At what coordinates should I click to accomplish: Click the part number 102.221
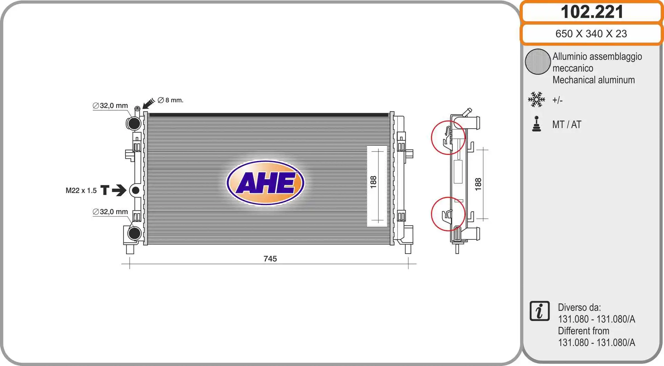(592, 12)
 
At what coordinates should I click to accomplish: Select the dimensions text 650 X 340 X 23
(591, 34)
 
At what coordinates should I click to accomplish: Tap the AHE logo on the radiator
(265, 183)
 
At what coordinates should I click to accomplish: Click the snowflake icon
(536, 100)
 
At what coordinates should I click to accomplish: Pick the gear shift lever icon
(536, 124)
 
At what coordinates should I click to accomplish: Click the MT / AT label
(566, 125)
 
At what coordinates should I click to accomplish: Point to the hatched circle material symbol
(537, 62)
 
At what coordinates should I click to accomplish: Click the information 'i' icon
(539, 311)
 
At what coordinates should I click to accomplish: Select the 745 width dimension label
(270, 259)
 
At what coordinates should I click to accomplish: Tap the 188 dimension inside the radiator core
(373, 182)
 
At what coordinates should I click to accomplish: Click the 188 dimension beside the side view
(478, 184)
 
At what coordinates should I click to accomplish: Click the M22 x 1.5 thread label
(81, 191)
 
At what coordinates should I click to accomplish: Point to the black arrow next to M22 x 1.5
(119, 190)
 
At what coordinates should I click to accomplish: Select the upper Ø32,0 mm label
(110, 106)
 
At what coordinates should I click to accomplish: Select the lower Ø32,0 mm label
(110, 212)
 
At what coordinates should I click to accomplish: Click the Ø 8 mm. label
(170, 100)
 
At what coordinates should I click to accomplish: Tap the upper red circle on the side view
(448, 137)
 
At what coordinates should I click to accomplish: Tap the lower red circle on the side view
(448, 214)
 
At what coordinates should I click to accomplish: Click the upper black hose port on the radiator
(134, 123)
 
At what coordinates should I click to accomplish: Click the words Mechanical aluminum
(593, 80)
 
